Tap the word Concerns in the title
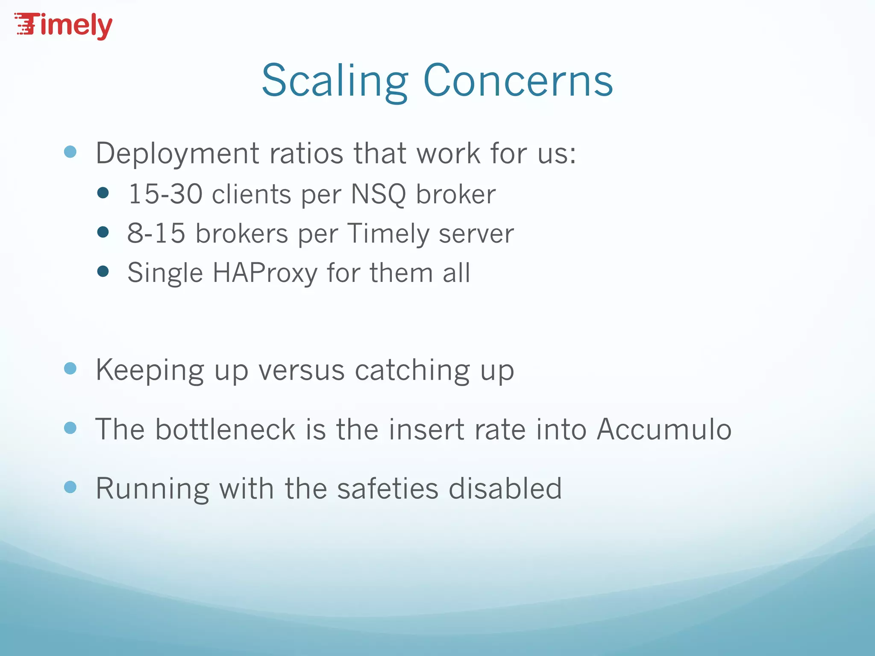tap(518, 81)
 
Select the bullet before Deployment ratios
tap(70, 152)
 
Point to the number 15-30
tap(165, 194)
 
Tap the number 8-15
tap(156, 234)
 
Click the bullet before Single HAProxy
tap(103, 271)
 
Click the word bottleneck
tap(225, 429)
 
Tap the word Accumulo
tap(664, 429)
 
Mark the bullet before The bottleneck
tap(70, 428)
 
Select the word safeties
tap(388, 488)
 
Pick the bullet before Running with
tap(70, 487)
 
